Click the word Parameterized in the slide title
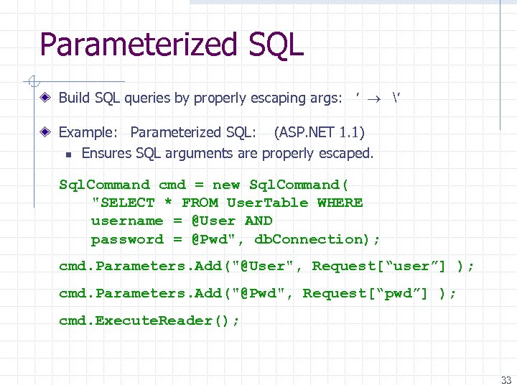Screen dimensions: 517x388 pos(135,45)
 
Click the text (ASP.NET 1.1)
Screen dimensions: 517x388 pos(319,132)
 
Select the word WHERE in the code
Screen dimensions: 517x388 pos(340,203)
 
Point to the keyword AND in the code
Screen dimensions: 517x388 pos(258,221)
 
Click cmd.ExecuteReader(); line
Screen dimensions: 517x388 pos(149,320)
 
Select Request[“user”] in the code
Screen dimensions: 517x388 pos(379,266)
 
